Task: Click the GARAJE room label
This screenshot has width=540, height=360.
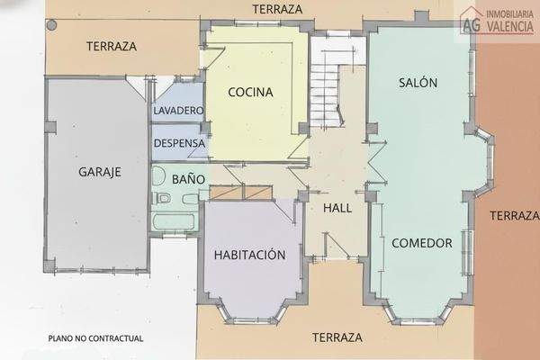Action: [100, 172]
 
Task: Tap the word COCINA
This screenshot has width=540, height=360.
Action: [250, 92]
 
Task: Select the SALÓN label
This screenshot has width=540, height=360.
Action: [418, 83]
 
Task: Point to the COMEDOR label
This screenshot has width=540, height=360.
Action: [420, 242]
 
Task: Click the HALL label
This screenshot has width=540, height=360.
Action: [336, 208]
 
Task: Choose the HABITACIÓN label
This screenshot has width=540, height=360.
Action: [249, 255]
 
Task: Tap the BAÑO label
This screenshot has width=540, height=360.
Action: [189, 179]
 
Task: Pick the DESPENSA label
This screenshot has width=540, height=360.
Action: [179, 143]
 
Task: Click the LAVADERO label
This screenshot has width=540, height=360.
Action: [178, 111]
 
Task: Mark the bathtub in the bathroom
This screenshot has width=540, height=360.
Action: [174, 221]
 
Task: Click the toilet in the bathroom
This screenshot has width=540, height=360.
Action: [163, 196]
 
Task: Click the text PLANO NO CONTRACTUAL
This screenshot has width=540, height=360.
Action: [96, 338]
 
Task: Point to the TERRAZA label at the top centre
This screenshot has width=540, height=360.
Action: [277, 9]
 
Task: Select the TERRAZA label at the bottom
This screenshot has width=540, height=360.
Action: [337, 337]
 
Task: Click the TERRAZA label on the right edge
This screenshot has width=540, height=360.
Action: [514, 215]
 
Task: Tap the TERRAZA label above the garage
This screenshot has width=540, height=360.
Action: [111, 46]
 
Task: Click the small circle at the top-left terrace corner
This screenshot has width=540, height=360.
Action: [51, 25]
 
